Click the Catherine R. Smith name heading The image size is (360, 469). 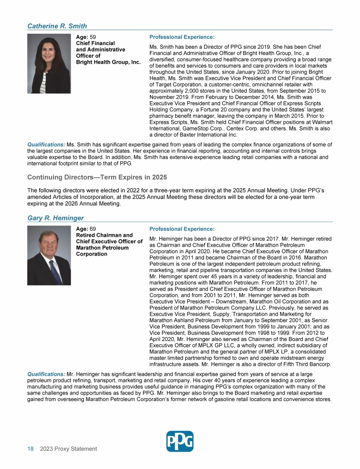[x=57, y=26]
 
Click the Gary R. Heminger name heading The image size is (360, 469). [x=56, y=218]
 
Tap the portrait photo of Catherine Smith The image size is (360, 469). [x=49, y=63]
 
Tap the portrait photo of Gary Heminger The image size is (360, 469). [x=49, y=255]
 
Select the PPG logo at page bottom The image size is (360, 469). [x=180, y=441]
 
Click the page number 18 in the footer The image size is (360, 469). [x=30, y=449]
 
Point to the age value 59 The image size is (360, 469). [x=93, y=37]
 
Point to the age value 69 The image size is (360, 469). [x=93, y=229]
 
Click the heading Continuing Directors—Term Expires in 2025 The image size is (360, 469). [x=97, y=177]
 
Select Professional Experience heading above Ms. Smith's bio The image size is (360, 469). [x=181, y=37]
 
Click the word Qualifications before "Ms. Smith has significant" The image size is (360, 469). [x=46, y=144]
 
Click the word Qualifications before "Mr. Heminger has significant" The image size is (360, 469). [x=46, y=373]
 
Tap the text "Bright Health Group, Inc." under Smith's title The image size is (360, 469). [x=108, y=62]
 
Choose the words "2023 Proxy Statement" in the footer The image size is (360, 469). [x=68, y=449]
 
